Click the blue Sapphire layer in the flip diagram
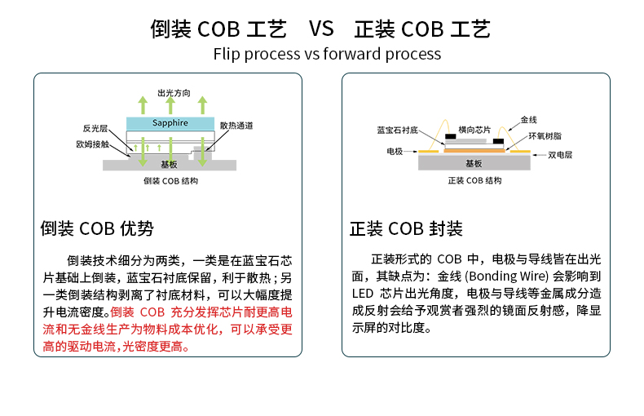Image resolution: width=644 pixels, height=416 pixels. pos(170,123)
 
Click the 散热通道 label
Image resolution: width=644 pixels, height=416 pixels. pos(236,126)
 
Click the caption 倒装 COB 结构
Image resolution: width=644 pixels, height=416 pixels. pos(170,181)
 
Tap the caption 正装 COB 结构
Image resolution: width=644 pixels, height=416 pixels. pos(475,181)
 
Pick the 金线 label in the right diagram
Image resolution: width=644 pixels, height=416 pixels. pos(528,119)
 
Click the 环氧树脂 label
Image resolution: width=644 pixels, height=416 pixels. pos(545,135)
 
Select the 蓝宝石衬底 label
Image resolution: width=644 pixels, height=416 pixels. pos(397,130)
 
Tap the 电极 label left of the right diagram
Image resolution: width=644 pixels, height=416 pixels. pos(395,152)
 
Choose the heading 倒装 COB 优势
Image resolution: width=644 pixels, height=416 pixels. pos(97,228)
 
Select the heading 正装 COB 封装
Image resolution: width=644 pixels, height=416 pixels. pos(406,228)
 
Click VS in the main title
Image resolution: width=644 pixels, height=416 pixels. pos(321,29)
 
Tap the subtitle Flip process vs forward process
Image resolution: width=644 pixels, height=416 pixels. pos(327,55)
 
